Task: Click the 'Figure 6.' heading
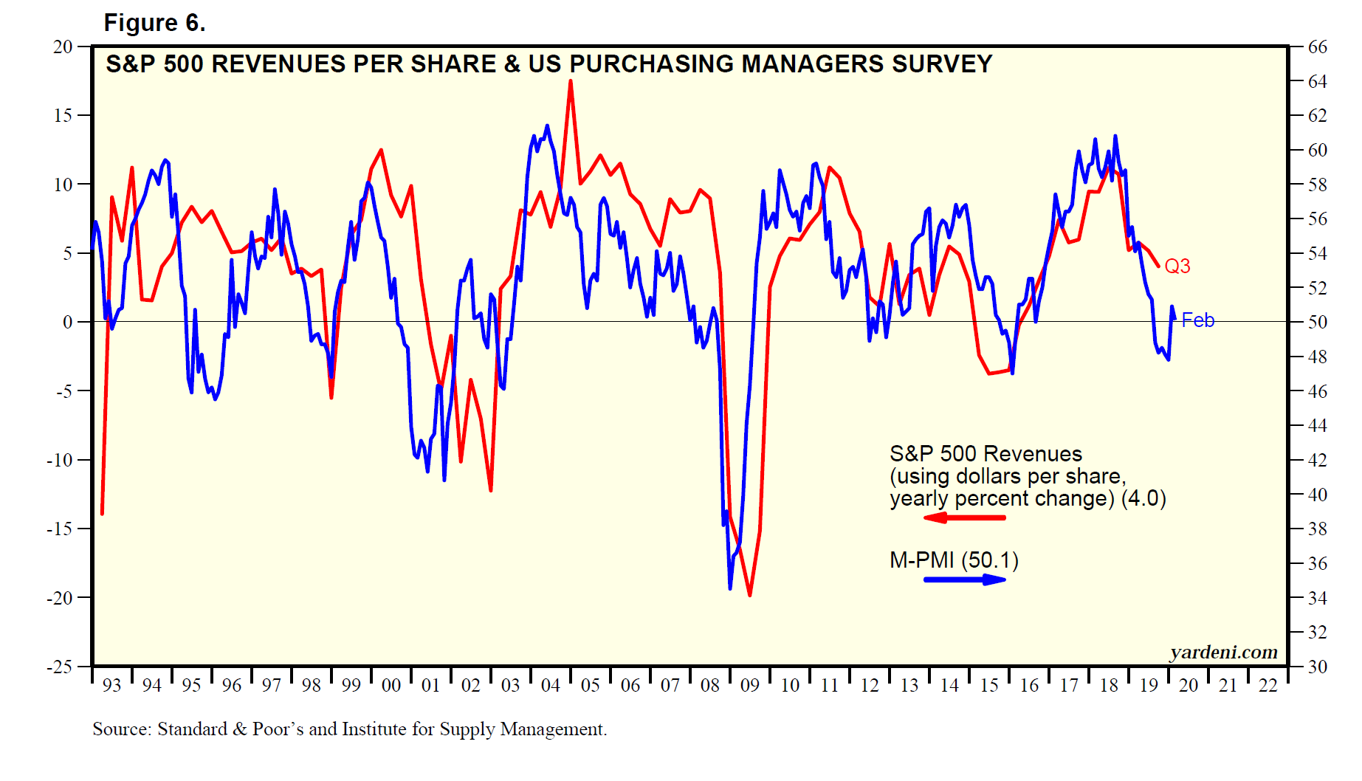[x=154, y=23]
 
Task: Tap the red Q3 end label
[x=1177, y=266]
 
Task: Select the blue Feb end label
[x=1197, y=320]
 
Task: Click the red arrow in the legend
[x=964, y=517]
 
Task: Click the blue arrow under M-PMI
[x=964, y=579]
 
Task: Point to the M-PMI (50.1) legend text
[x=954, y=560]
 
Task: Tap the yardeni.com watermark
[x=1223, y=652]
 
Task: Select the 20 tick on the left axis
[x=63, y=47]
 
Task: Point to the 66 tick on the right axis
[x=1318, y=47]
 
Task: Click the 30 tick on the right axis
[x=1318, y=667]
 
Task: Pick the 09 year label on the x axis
[x=750, y=686]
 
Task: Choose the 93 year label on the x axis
[x=111, y=686]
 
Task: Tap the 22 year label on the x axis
[x=1268, y=686]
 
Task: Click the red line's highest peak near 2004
[x=571, y=81]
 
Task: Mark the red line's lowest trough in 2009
[x=750, y=595]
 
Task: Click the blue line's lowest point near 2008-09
[x=730, y=588]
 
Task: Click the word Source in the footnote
[x=123, y=729]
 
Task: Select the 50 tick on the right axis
[x=1318, y=322]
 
